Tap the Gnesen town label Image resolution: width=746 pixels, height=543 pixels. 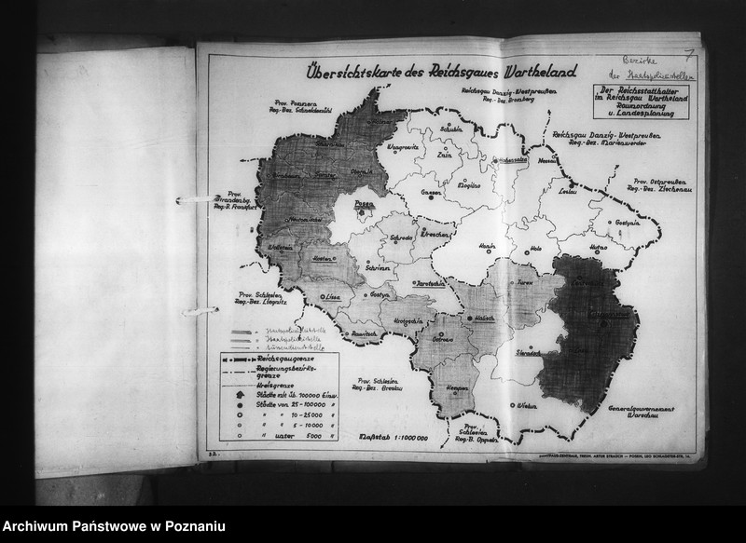point(431,192)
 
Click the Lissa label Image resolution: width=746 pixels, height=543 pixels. point(327,295)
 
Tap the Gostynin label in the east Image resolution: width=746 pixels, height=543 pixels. point(627,224)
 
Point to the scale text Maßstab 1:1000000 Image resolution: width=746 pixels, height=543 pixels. point(394,436)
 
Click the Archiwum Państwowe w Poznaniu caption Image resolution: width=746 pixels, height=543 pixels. point(113,527)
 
